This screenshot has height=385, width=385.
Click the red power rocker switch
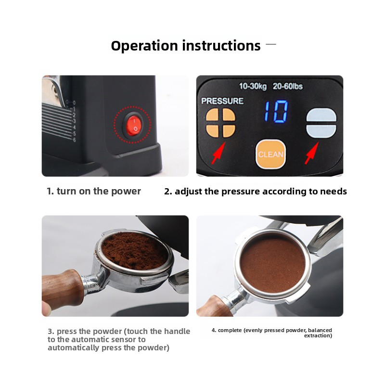pyautogui.click(x=134, y=125)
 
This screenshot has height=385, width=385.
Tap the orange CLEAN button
pyautogui.click(x=270, y=154)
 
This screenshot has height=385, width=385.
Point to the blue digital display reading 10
pyautogui.click(x=276, y=112)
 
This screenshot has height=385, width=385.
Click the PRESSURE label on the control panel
pyautogui.click(x=222, y=101)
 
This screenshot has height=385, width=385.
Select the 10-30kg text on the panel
pyautogui.click(x=253, y=87)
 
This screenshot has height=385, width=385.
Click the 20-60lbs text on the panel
pyautogui.click(x=287, y=87)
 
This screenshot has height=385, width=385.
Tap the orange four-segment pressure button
pyautogui.click(x=220, y=123)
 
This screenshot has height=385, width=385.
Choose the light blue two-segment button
pyautogui.click(x=321, y=123)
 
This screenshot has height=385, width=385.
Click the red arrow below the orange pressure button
pyautogui.click(x=218, y=153)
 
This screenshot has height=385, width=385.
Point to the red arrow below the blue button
pyautogui.click(x=311, y=153)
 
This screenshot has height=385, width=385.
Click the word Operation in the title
pyautogui.click(x=144, y=46)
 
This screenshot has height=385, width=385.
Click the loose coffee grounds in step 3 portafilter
pyautogui.click(x=134, y=251)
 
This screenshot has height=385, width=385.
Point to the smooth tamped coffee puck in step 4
pyautogui.click(x=272, y=264)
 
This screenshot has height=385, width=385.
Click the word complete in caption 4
pyautogui.click(x=230, y=331)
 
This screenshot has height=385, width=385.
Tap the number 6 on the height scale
pyautogui.click(x=74, y=140)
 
